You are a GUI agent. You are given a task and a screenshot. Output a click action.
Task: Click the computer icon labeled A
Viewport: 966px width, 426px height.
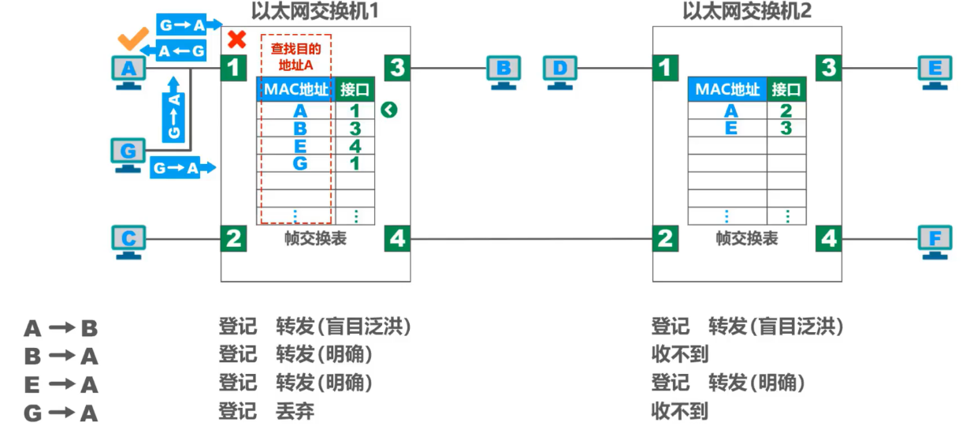click(129, 72)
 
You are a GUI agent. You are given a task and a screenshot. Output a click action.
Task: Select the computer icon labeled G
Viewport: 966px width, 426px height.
click(129, 152)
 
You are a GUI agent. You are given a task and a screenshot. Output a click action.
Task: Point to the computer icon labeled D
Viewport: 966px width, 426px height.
click(560, 72)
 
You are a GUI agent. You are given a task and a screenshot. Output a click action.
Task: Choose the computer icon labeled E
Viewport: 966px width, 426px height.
click(935, 72)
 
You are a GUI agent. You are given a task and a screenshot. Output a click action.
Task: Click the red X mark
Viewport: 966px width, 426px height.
click(236, 39)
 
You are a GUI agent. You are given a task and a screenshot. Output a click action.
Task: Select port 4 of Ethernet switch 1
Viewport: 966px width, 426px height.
click(397, 238)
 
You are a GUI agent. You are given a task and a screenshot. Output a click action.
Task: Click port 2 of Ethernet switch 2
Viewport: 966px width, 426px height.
click(666, 238)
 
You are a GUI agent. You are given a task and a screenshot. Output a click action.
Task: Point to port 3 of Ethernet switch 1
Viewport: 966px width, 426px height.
click(397, 68)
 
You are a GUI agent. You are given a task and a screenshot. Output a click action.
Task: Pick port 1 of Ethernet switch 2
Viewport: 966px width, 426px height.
click(666, 68)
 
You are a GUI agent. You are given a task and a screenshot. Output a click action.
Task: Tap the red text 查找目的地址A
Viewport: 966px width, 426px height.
click(296, 55)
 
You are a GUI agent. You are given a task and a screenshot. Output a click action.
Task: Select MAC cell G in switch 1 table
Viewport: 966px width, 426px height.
click(299, 164)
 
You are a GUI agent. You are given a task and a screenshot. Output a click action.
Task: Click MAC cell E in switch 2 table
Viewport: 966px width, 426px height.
click(731, 129)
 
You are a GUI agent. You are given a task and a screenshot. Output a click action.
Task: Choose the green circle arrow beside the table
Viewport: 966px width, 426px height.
click(389, 110)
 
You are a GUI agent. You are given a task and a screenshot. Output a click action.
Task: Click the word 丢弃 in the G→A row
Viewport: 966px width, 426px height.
click(295, 411)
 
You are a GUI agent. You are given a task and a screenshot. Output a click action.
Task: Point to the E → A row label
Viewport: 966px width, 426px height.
click(61, 384)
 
